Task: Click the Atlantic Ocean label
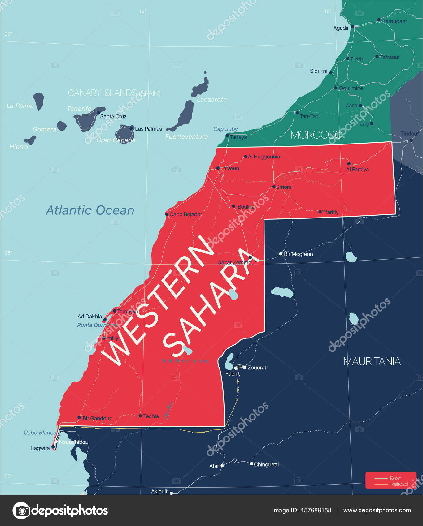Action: tap(90, 210)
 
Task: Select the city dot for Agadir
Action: tap(352, 27)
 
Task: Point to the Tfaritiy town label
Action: tap(330, 212)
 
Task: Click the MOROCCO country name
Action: tap(316, 135)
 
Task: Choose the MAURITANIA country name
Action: tap(372, 361)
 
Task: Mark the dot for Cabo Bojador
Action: tap(167, 214)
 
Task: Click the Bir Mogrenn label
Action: tap(298, 254)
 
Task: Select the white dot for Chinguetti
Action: tap(251, 463)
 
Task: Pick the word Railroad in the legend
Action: tap(399, 484)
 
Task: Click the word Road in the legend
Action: tap(395, 478)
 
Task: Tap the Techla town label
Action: tap(151, 416)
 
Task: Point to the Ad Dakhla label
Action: tap(89, 317)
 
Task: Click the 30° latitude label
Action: tap(9, 34)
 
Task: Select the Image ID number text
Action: tap(316, 511)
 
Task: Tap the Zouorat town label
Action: tap(257, 368)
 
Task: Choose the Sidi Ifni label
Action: tap(318, 71)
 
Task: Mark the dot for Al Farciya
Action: tap(349, 164)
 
